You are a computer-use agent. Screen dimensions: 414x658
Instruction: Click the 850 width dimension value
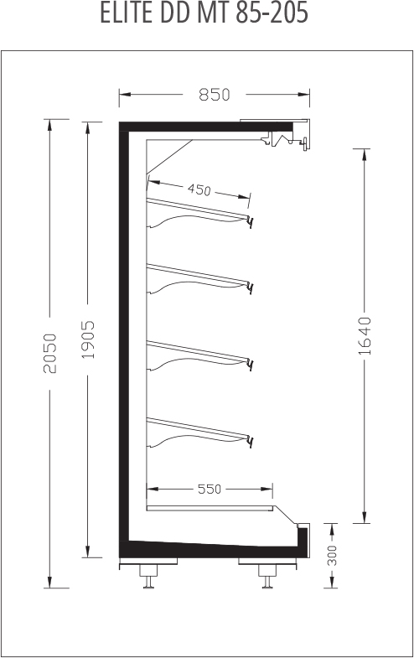[x=215, y=95]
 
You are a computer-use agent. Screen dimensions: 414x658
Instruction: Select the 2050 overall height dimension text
[x=50, y=353]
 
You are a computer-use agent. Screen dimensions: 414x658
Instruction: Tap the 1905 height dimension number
[x=88, y=339]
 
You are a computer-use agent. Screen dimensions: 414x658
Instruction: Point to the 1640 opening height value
[x=365, y=336]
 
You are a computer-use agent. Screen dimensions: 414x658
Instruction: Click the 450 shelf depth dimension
[x=199, y=189]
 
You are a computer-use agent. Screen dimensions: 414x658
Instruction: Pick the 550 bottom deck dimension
[x=210, y=489]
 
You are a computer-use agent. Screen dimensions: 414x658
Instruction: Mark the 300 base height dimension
[x=332, y=555]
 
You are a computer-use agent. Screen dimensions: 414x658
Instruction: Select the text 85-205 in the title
[x=272, y=13]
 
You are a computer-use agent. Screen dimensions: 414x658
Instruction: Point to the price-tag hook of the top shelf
[x=251, y=222]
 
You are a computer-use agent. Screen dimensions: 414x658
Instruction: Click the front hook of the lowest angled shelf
[x=251, y=443]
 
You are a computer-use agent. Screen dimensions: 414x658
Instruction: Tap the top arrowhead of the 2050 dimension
[x=50, y=125]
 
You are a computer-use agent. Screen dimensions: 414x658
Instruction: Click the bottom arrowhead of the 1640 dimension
[x=365, y=518]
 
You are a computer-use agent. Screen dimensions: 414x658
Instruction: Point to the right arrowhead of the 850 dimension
[x=304, y=95]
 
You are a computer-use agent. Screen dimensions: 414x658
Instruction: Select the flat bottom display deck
[x=210, y=508]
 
